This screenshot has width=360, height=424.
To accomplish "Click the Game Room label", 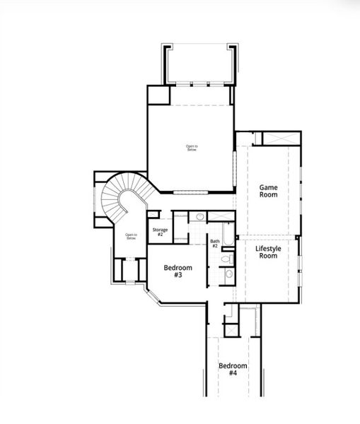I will pos(268,192).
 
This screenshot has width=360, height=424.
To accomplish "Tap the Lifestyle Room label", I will pos(267,251).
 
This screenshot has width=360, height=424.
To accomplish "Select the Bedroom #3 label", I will pos(178,271).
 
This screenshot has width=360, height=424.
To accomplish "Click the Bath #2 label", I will pos(214,244).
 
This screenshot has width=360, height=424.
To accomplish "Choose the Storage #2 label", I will pos(160,232).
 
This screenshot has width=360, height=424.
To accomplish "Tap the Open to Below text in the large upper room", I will pos(191,148).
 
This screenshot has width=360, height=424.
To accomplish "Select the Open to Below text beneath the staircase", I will pos(131,237).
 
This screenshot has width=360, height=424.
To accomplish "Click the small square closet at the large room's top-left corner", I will pos(158,95).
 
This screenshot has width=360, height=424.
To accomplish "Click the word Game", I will pos(268,187).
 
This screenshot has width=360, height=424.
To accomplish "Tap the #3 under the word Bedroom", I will pos(178,275).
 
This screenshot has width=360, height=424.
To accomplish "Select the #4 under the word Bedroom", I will pos(233,373).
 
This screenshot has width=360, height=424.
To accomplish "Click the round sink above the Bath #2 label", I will pos(200,216).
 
